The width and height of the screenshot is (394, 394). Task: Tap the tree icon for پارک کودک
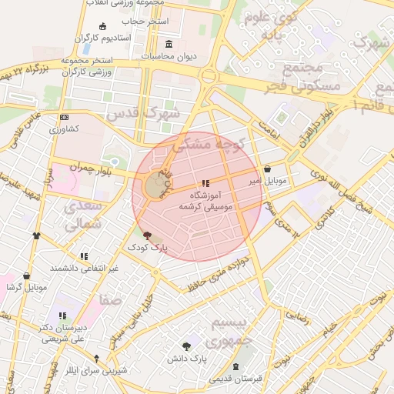(x=148, y=237)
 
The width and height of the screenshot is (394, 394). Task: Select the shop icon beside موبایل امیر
(x=267, y=169)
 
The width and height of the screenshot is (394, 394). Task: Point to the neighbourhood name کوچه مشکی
(x=208, y=143)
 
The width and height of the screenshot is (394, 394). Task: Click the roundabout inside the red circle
(x=155, y=186)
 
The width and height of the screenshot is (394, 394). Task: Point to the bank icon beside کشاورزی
(x=64, y=118)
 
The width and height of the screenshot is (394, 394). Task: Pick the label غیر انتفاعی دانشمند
(x=84, y=268)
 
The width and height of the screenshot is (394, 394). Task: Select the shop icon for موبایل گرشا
(x=27, y=275)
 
